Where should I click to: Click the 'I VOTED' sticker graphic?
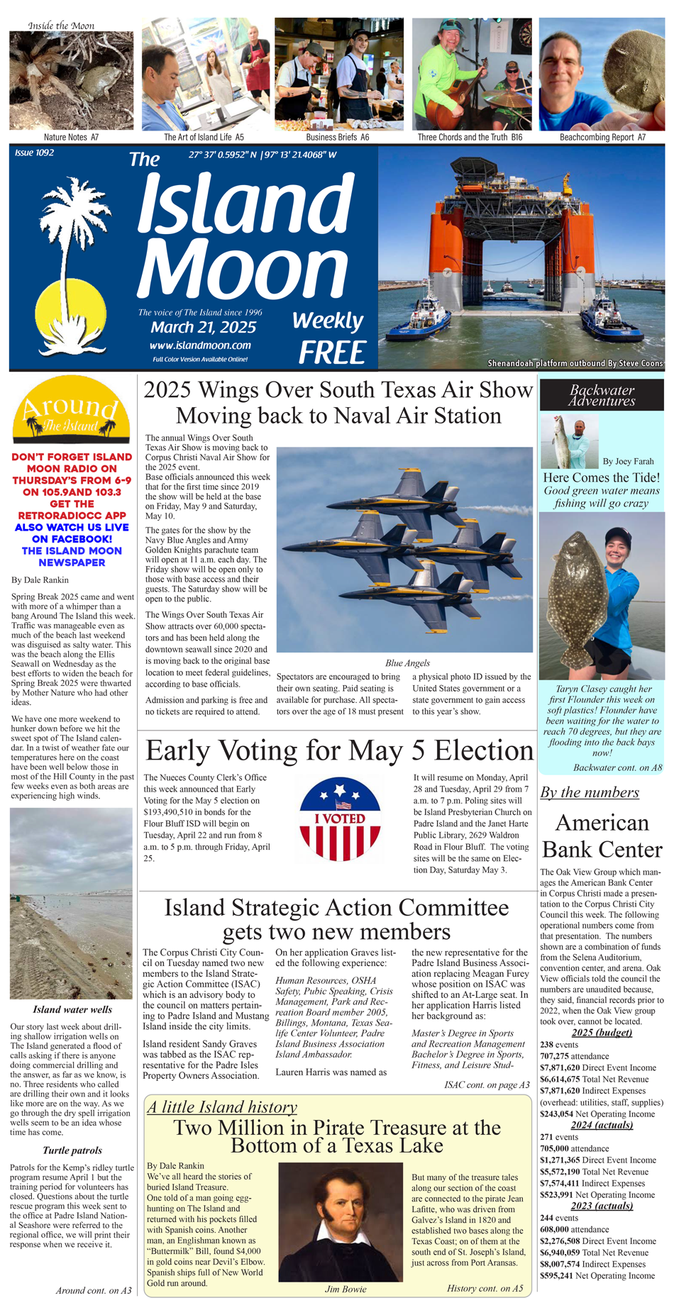pyautogui.click(x=341, y=819)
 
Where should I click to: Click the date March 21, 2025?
pyautogui.click(x=203, y=327)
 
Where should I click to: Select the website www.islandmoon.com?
pyautogui.click(x=200, y=345)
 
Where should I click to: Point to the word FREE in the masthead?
pyautogui.click(x=332, y=353)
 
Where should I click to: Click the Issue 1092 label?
pyautogui.click(x=34, y=152)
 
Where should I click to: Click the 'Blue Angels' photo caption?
pyautogui.click(x=407, y=663)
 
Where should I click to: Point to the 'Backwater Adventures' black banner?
pyautogui.click(x=602, y=395)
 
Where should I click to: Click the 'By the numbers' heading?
pyautogui.click(x=590, y=792)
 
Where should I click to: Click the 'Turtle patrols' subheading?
pyautogui.click(x=72, y=1150)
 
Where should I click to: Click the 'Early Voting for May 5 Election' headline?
pyautogui.click(x=339, y=750)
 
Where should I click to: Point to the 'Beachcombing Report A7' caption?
pyautogui.click(x=602, y=138)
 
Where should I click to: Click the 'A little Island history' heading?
pyautogui.click(x=222, y=1107)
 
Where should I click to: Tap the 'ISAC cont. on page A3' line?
pyautogui.click(x=487, y=1085)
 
